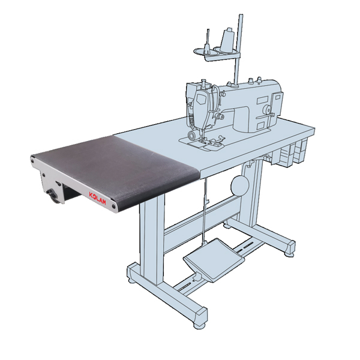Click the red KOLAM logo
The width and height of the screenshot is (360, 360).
pos(97,197)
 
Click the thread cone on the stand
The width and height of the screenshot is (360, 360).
pos(227,40)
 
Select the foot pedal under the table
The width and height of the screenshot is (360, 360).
pos(214,260)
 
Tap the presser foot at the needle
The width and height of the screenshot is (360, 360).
pos(203,140)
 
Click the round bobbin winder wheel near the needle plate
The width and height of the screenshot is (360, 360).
pos(191,135)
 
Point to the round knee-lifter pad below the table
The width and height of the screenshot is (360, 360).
pos(239,185)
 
